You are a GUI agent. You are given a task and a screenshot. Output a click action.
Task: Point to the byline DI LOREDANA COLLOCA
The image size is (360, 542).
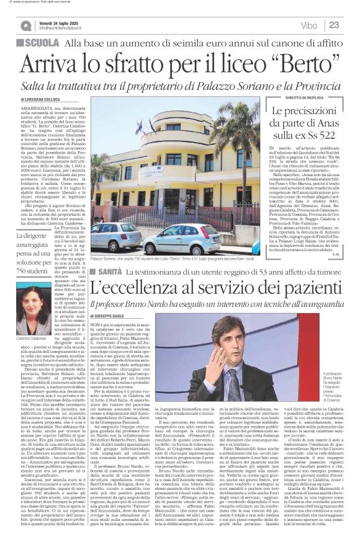tap(42, 99)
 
